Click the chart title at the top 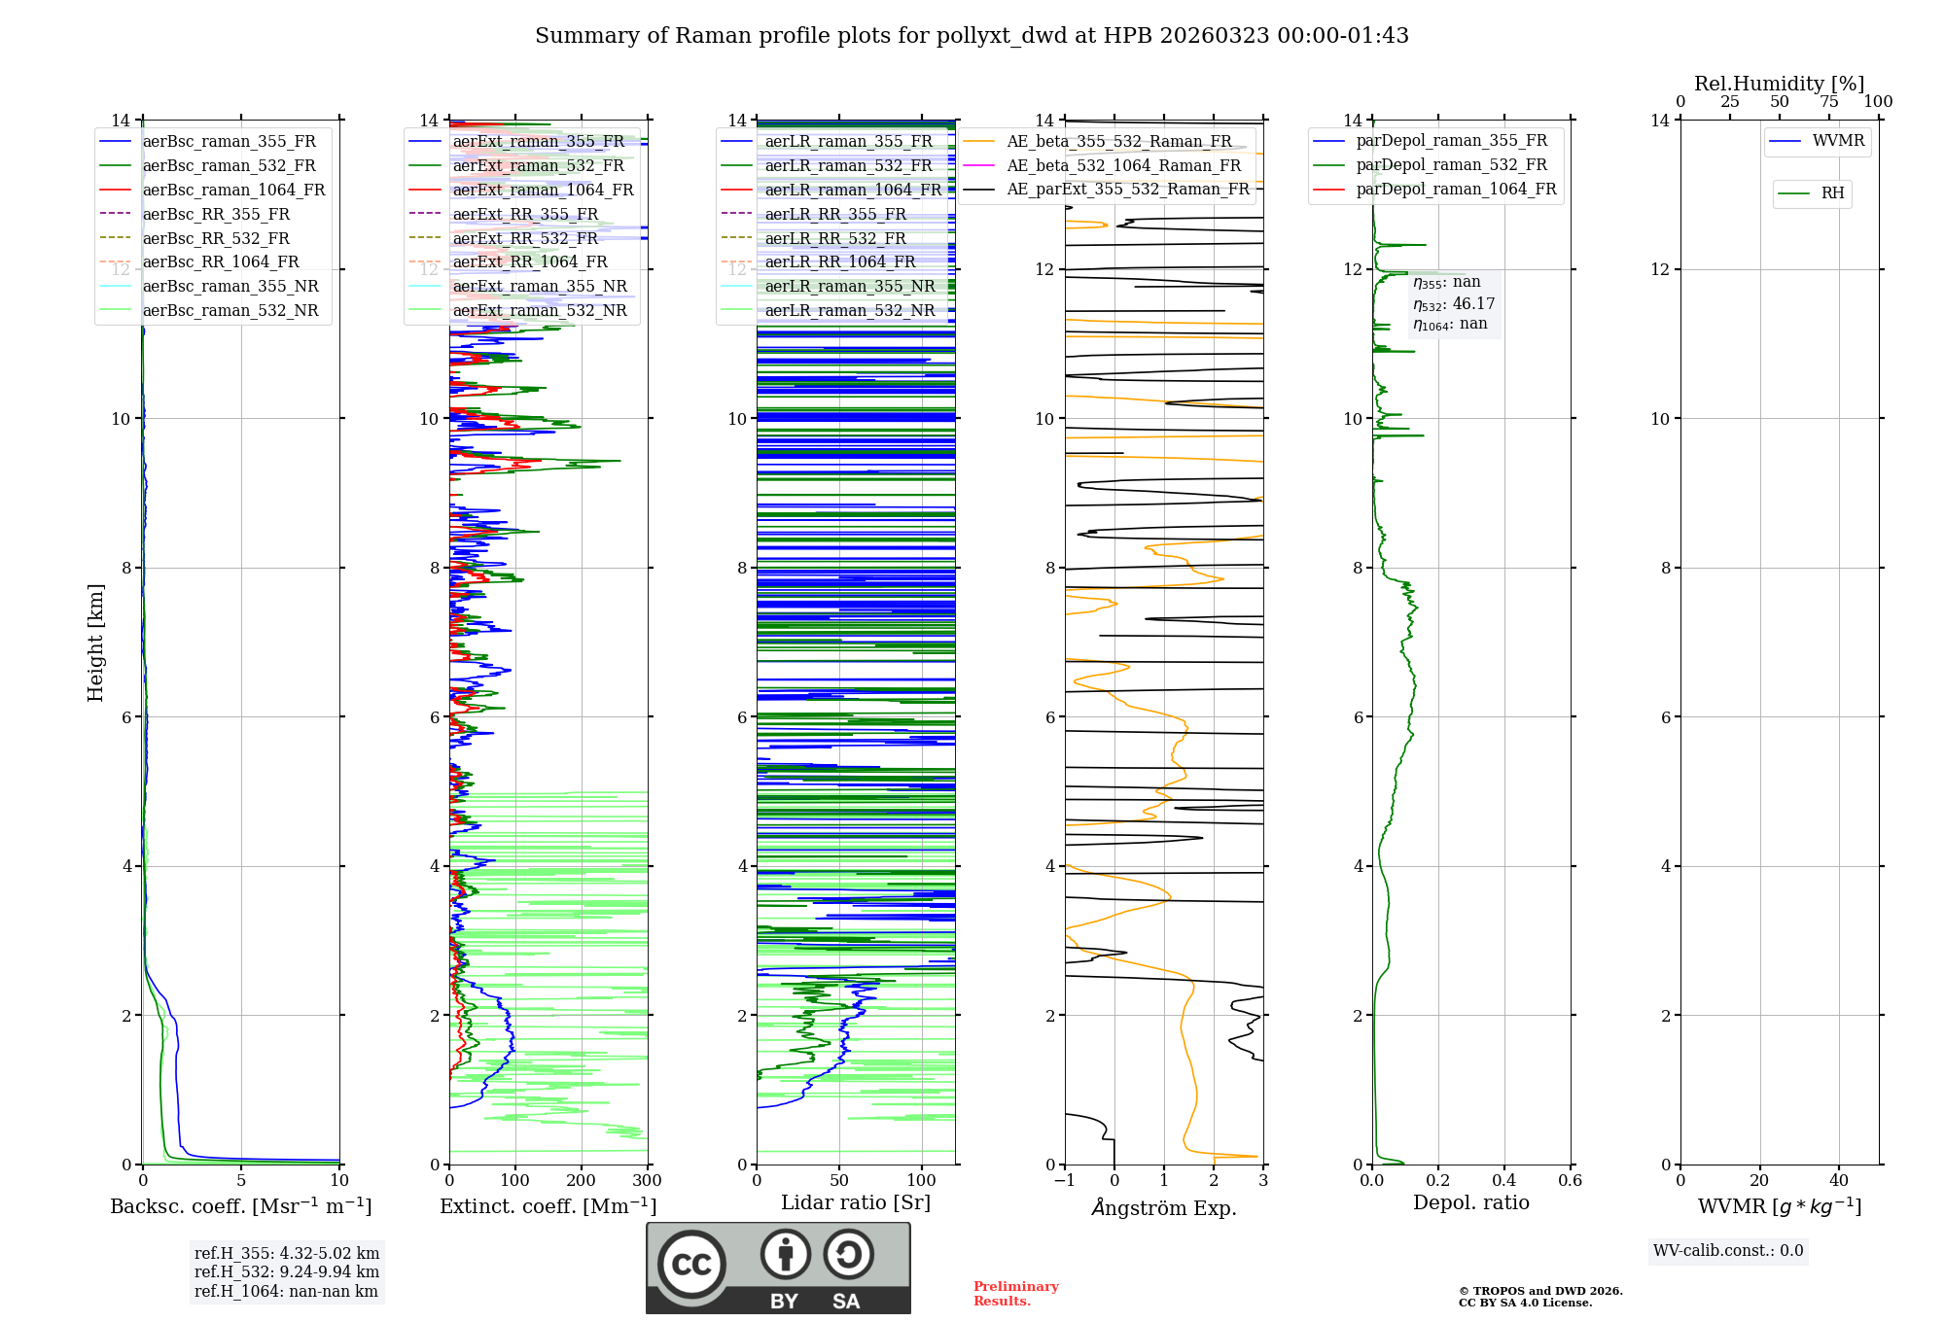click(x=972, y=36)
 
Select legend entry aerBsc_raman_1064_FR click(x=233, y=190)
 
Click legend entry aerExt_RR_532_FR click(x=525, y=238)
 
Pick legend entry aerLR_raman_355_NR click(x=849, y=286)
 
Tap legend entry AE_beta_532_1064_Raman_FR click(x=1123, y=165)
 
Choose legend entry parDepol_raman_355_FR click(x=1451, y=141)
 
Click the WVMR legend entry click(x=1837, y=141)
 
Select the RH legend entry click(x=1832, y=193)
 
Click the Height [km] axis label click(x=95, y=642)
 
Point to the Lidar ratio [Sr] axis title click(x=856, y=1202)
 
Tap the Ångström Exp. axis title click(x=1164, y=1207)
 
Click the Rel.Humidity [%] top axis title click(x=1779, y=84)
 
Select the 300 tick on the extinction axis click(x=647, y=1181)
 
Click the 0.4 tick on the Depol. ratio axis click(x=1503, y=1181)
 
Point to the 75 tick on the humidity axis click(x=1829, y=102)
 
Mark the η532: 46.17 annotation click(x=1454, y=303)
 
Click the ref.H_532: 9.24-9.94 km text click(x=287, y=1271)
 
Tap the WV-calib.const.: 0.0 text click(x=1728, y=1251)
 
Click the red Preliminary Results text click(x=1015, y=1294)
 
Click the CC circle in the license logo click(x=691, y=1265)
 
